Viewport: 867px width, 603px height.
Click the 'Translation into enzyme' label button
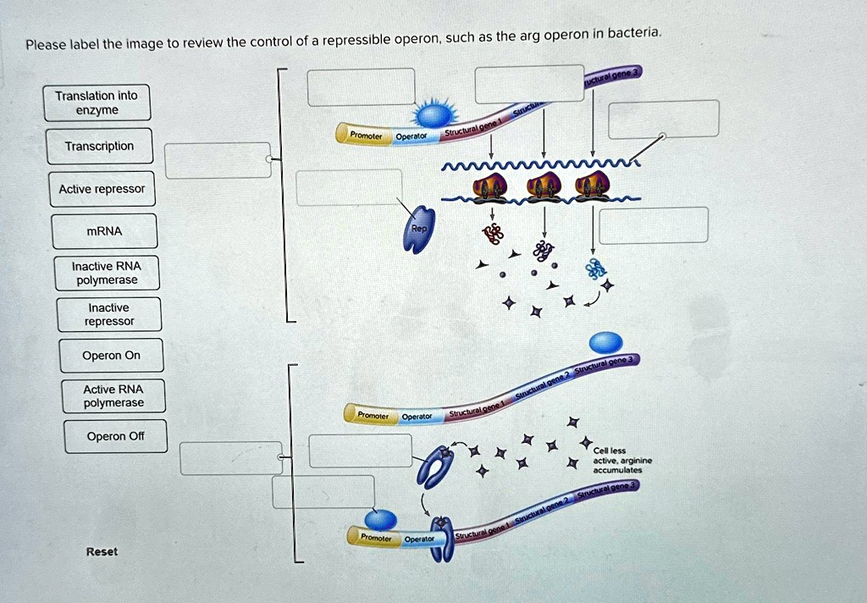click(x=98, y=103)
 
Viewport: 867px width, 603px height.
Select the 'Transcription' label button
click(x=99, y=147)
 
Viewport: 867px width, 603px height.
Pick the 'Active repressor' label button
click(x=102, y=189)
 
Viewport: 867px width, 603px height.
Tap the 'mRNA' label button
click(x=104, y=231)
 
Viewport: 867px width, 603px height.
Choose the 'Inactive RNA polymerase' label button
click(x=106, y=273)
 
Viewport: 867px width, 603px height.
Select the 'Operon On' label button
click(x=111, y=356)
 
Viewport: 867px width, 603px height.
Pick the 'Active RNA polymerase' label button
click(x=113, y=396)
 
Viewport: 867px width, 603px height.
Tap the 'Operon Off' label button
click(x=115, y=436)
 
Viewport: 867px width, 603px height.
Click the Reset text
click(x=102, y=551)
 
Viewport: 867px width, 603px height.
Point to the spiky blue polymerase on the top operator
click(x=434, y=114)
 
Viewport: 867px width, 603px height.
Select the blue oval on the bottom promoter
click(x=380, y=520)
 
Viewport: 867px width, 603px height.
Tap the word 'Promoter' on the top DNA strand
click(x=360, y=135)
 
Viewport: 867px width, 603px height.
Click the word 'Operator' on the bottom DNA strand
click(x=419, y=539)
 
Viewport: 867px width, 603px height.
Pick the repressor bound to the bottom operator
click(x=442, y=543)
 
